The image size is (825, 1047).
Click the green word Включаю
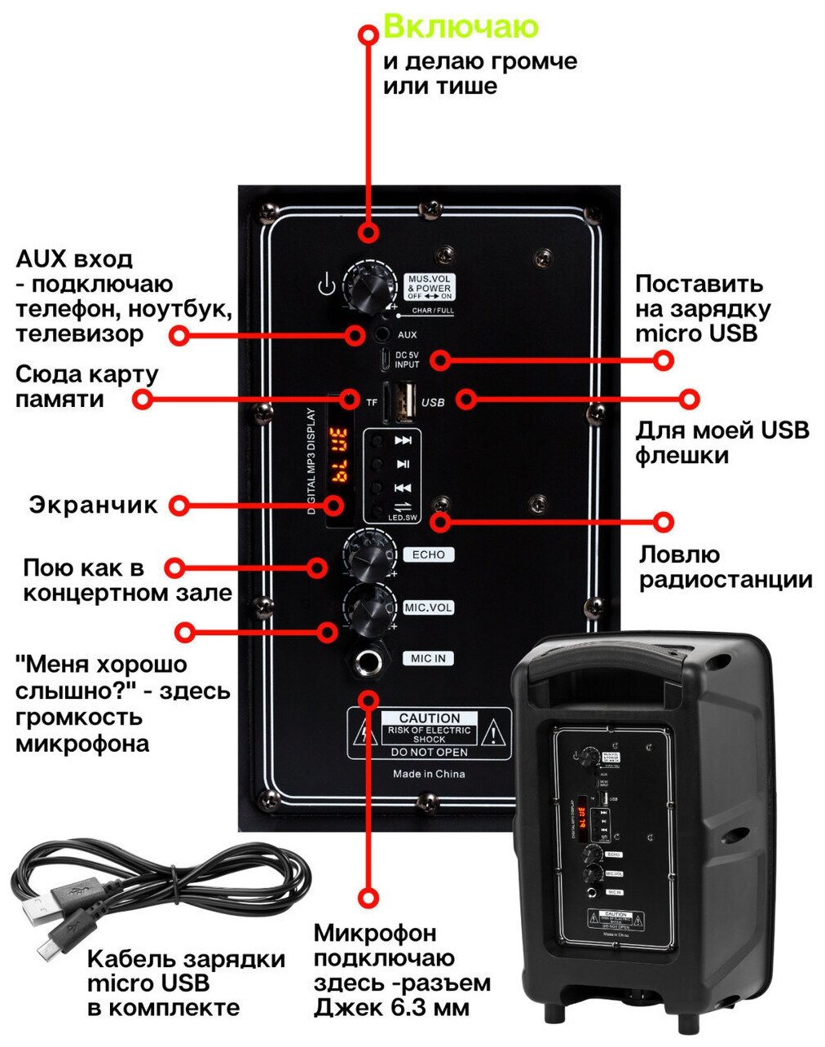(461, 27)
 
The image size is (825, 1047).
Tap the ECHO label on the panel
(428, 554)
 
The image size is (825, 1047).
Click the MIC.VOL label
(428, 607)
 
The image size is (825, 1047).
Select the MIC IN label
(428, 658)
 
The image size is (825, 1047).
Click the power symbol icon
(326, 286)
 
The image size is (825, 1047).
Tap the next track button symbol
(403, 440)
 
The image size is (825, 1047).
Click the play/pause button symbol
(403, 464)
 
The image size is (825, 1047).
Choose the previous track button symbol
(403, 488)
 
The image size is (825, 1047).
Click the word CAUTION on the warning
(429, 718)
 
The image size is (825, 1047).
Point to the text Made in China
(429, 774)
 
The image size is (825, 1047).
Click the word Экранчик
(94, 505)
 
